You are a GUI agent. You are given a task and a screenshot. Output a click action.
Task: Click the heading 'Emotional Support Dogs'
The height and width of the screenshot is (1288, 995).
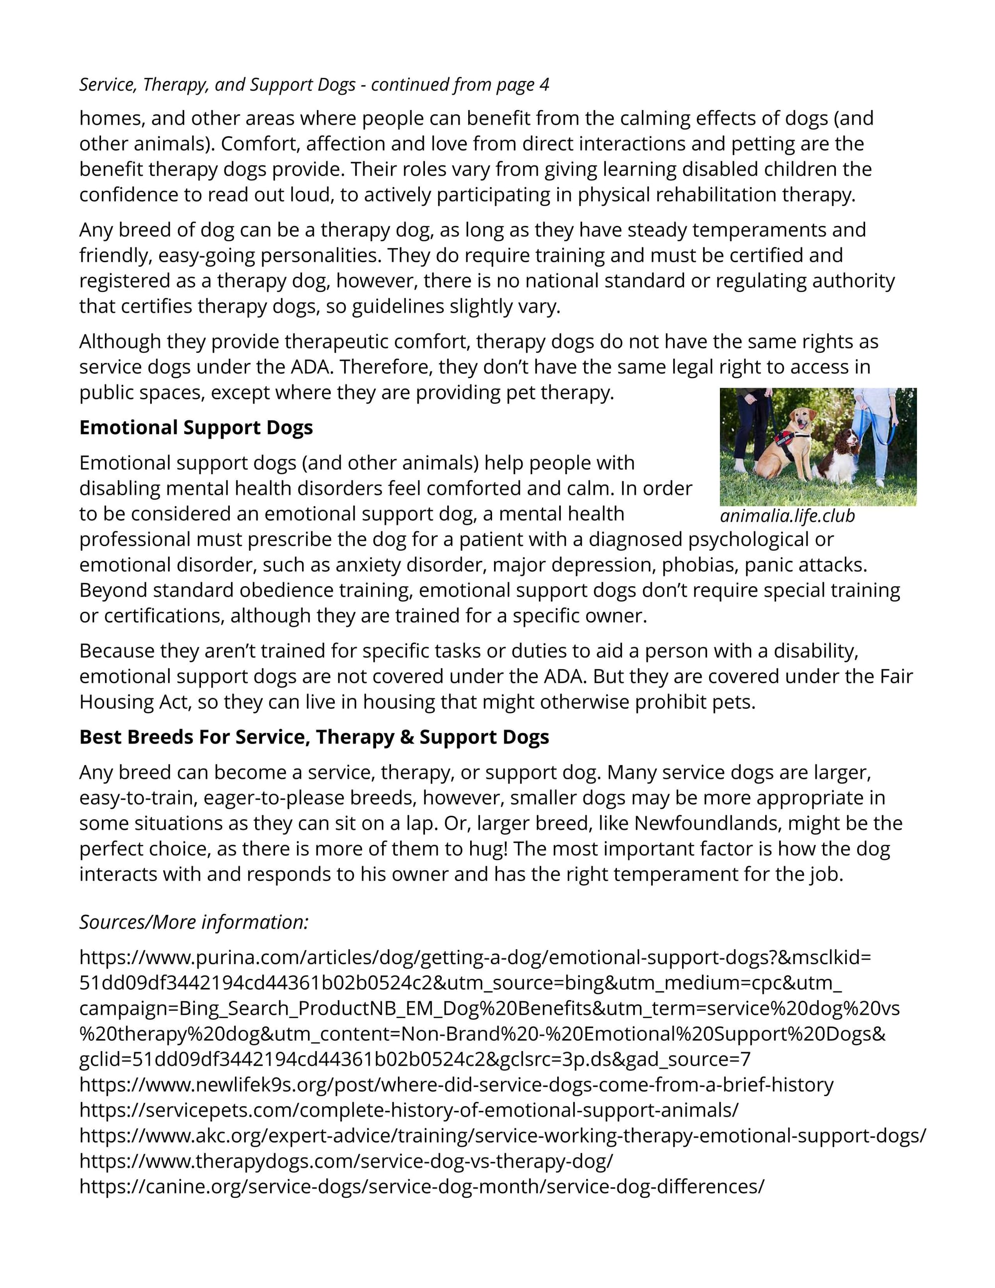196,428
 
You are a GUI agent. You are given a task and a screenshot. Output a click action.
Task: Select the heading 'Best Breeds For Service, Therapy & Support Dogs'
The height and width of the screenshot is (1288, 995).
313,737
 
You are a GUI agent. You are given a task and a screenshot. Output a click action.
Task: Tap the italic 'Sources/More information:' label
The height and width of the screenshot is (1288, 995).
194,922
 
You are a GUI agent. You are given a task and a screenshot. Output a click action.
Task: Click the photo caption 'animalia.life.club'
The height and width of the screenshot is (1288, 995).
787,516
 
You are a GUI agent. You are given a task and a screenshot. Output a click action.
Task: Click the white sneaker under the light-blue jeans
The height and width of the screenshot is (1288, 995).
881,482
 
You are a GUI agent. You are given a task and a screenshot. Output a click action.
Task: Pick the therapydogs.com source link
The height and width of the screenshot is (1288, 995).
346,1161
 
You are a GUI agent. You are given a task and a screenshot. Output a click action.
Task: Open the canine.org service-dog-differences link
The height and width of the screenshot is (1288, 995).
421,1186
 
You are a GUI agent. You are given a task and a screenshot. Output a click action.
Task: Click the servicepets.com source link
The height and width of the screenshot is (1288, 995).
408,1110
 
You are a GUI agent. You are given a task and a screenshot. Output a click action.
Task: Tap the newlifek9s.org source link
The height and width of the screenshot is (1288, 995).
456,1085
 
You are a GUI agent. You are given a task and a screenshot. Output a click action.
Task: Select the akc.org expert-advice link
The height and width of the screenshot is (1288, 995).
502,1136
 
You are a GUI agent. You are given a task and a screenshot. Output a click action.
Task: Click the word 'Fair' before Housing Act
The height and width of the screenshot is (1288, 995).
896,676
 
